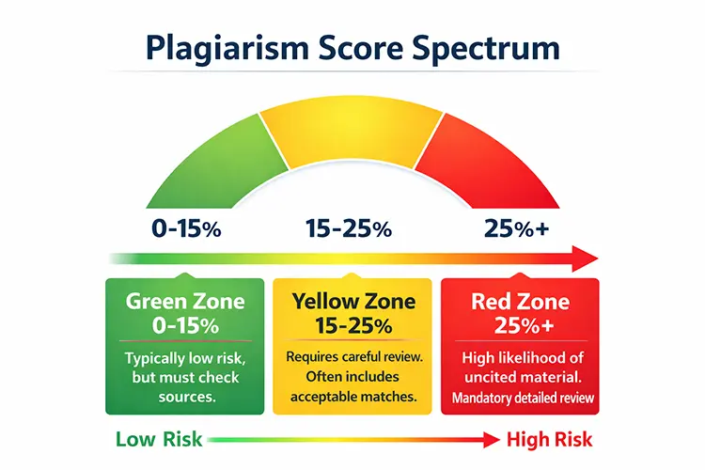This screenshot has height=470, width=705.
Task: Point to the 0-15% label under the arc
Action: click(x=186, y=228)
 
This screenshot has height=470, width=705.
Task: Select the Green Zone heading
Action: click(x=185, y=303)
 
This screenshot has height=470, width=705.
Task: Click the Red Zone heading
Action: click(x=520, y=303)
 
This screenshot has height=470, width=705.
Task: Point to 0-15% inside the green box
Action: click(x=185, y=326)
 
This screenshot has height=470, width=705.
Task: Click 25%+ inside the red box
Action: click(x=520, y=326)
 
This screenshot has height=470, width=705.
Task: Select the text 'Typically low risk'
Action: click(x=185, y=358)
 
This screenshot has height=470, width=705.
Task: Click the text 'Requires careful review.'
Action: click(x=352, y=357)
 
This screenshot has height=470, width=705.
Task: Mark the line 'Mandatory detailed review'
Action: click(x=520, y=397)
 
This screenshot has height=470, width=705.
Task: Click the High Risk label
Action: click(x=550, y=440)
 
